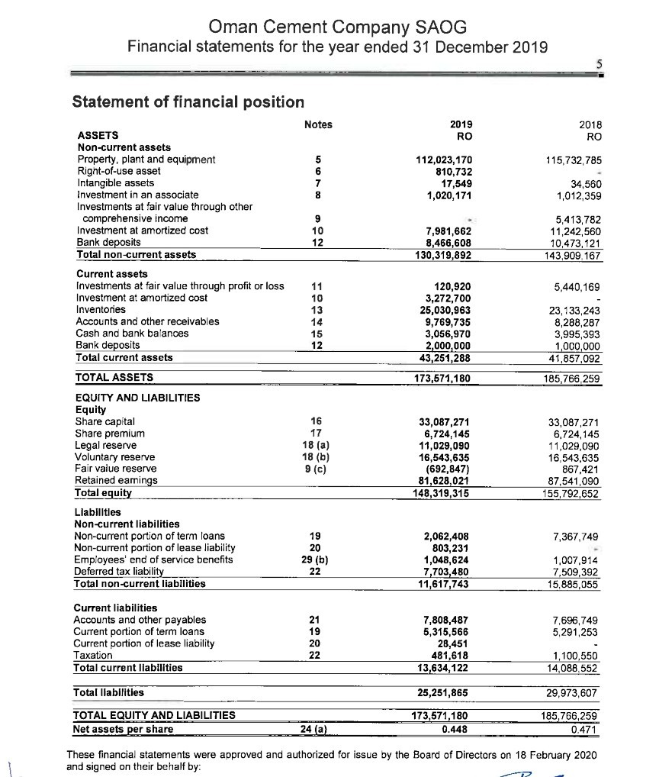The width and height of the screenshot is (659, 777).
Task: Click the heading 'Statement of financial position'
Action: (188, 102)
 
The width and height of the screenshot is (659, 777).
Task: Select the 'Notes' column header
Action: (317, 125)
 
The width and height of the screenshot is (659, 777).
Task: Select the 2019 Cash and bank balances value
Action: (448, 334)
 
